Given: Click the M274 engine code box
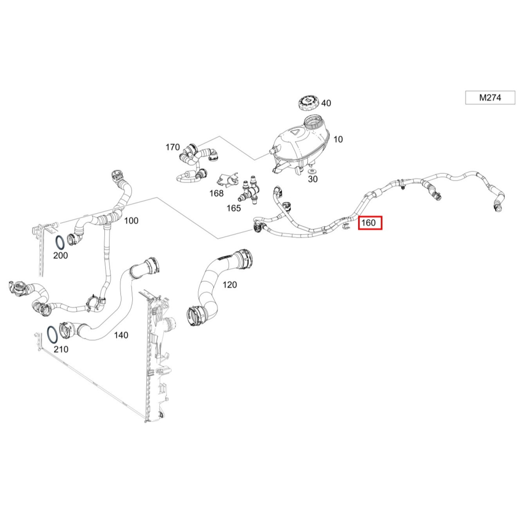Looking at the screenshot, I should click(x=490, y=97).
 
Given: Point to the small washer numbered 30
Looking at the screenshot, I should click(x=312, y=171).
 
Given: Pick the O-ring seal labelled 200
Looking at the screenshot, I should click(x=60, y=242).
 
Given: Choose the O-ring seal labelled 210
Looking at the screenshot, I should click(x=53, y=335).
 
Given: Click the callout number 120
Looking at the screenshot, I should click(x=229, y=284).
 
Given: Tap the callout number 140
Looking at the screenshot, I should click(x=121, y=335).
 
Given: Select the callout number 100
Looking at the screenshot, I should click(x=131, y=221).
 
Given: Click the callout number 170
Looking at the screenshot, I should click(x=172, y=147).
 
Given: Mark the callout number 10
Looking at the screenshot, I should click(x=338, y=139).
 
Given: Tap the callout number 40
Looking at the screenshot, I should click(x=326, y=103).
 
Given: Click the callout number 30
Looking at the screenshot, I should click(x=312, y=180).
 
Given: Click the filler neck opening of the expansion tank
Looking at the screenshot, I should click(x=313, y=122).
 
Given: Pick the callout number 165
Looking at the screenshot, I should click(x=234, y=208).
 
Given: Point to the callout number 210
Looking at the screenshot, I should click(x=61, y=349).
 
